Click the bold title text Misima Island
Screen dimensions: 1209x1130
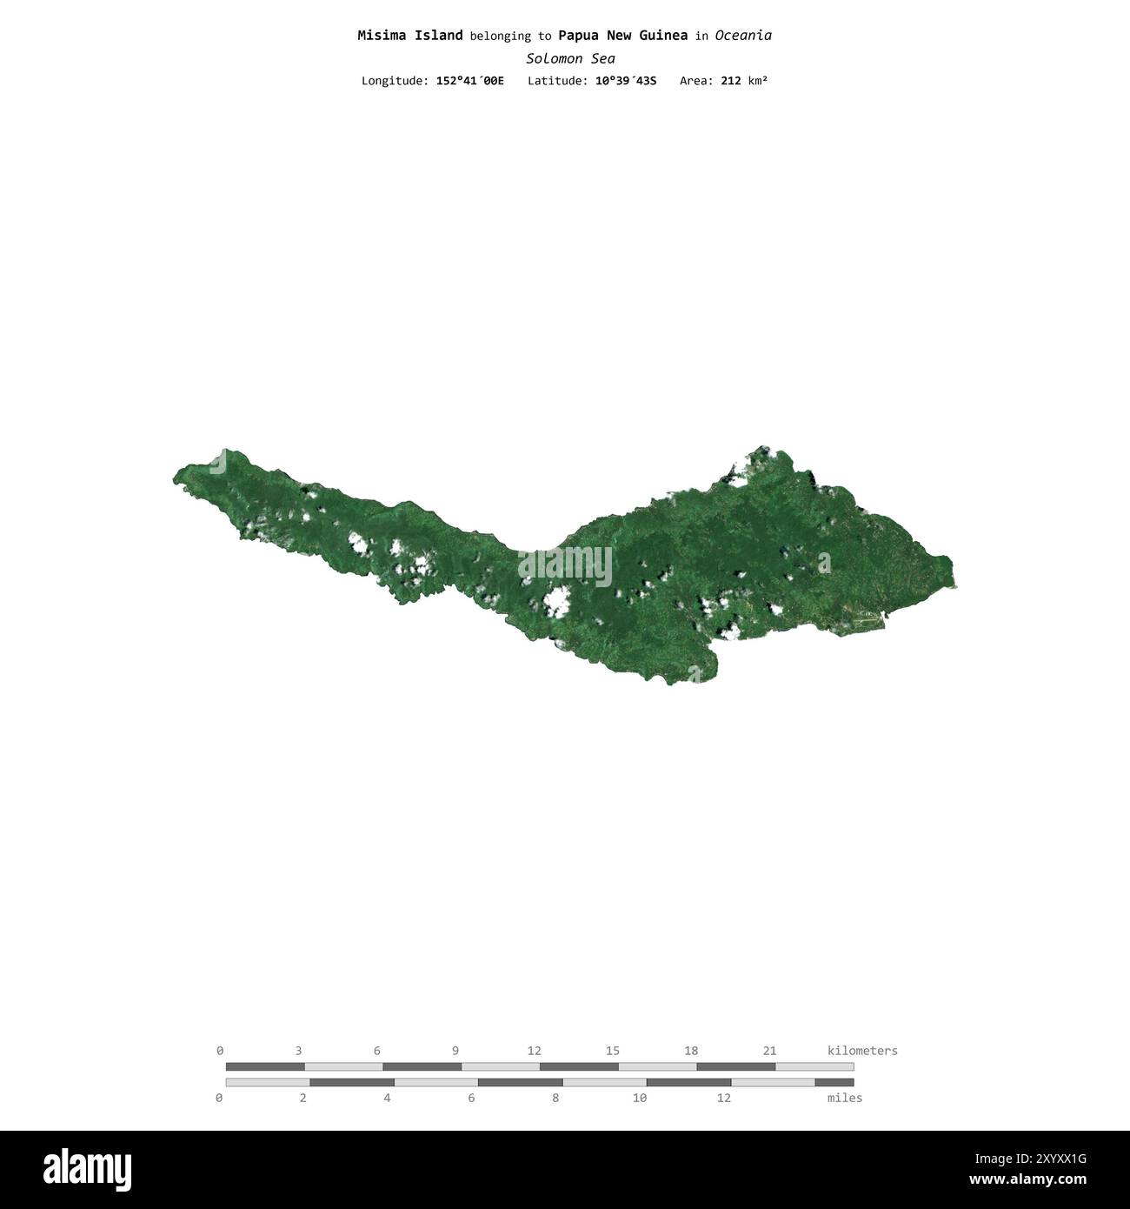[409, 36]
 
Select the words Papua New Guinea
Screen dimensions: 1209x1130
[622, 36]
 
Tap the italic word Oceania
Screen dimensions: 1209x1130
[743, 36]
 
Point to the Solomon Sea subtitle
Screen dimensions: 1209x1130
[570, 58]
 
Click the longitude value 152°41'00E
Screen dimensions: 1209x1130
[469, 81]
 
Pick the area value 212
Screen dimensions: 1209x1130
[730, 81]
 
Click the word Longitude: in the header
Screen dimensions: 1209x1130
[395, 81]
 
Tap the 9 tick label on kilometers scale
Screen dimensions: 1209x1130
[455, 1051]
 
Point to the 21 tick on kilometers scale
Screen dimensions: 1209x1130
[769, 1051]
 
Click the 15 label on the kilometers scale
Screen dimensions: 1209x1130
[613, 1051]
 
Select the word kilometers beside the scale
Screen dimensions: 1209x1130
[862, 1051]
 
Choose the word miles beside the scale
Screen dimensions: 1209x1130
[845, 1098]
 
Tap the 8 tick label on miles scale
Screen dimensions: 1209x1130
[555, 1098]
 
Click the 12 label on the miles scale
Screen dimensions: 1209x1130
[723, 1098]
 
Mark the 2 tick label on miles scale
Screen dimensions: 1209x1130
[303, 1098]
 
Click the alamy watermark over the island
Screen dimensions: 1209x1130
[565, 567]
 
